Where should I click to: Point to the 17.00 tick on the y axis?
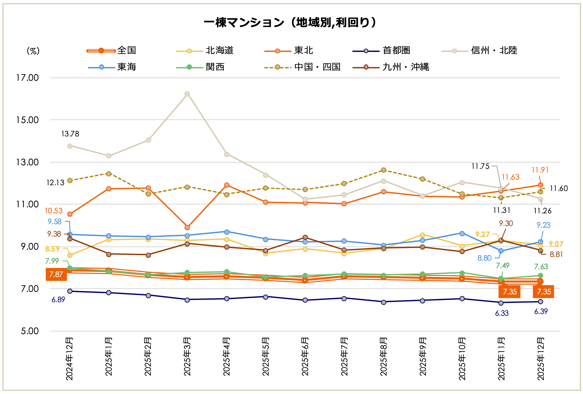pyautogui.click(x=27, y=78)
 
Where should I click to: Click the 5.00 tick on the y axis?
pyautogui.click(x=30, y=331)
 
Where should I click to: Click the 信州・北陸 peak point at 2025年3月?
pyautogui.click(x=187, y=94)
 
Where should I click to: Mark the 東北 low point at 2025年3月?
pyautogui.click(x=187, y=228)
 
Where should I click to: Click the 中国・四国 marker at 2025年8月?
pyautogui.click(x=384, y=170)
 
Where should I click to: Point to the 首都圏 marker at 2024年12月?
pyautogui.click(x=70, y=291)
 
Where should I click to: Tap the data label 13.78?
pyautogui.click(x=70, y=134)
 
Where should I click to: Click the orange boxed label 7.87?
pyautogui.click(x=56, y=274)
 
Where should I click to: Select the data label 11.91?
pyautogui.click(x=540, y=170)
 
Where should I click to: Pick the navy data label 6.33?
pyautogui.click(x=502, y=313)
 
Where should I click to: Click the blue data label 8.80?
pyautogui.click(x=484, y=258)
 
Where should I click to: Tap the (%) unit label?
pyautogui.click(x=33, y=51)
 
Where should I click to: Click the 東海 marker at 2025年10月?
pyautogui.click(x=462, y=233)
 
